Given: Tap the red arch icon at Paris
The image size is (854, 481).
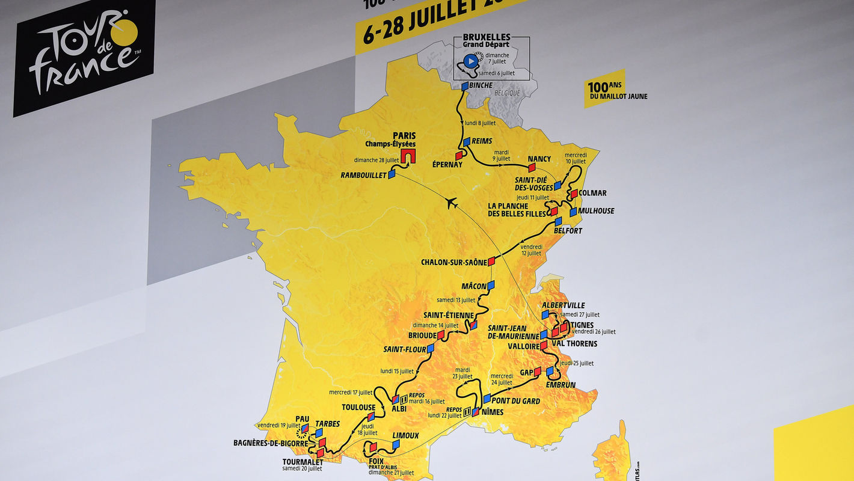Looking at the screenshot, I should [x=410, y=156].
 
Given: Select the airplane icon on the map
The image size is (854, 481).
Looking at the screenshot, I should [x=452, y=203].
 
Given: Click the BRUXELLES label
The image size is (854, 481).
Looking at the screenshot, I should [x=487, y=37].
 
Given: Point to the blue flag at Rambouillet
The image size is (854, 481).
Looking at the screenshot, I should [x=392, y=174].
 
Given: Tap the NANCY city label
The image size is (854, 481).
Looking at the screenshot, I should [x=539, y=159].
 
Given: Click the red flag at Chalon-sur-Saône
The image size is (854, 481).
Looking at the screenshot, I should [x=491, y=261].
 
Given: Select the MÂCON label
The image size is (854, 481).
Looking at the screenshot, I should [x=473, y=286].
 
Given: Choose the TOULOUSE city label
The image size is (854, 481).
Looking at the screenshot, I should [x=358, y=407].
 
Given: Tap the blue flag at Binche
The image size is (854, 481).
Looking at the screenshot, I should [x=465, y=86].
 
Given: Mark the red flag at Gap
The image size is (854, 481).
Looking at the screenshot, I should [x=537, y=371].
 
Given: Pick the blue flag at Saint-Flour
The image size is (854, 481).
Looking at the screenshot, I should [x=431, y=348].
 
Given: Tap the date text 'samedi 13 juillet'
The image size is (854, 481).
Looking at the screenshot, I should [x=456, y=299].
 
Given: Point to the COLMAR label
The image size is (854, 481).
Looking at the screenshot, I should [x=592, y=193].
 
